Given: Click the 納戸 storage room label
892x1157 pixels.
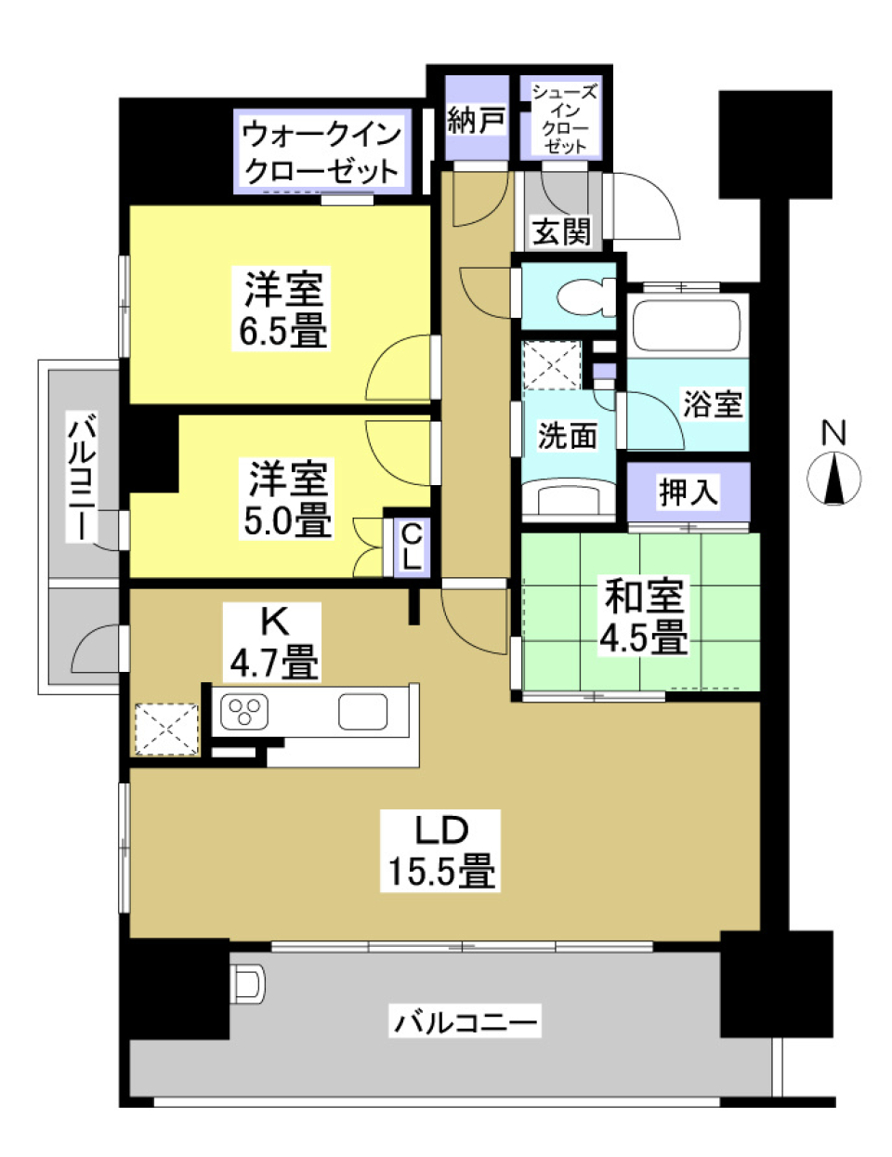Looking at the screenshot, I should pyautogui.click(x=476, y=119).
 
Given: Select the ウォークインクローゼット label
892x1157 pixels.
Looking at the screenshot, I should pyautogui.click(x=321, y=152).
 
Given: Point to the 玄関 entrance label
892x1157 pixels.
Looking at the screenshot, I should pyautogui.click(x=561, y=231).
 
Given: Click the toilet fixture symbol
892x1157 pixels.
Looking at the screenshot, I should pyautogui.click(x=585, y=297).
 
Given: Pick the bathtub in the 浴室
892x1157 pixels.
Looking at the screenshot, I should pyautogui.click(x=687, y=324).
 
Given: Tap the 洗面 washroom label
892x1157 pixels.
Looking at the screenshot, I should pyautogui.click(x=567, y=435).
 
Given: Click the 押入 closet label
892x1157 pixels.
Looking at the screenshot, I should pyautogui.click(x=689, y=492).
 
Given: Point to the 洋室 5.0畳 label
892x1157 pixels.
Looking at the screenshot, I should pyautogui.click(x=287, y=499).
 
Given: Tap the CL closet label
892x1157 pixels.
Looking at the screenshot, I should pyautogui.click(x=411, y=546).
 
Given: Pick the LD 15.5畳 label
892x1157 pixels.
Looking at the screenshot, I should pyautogui.click(x=440, y=850).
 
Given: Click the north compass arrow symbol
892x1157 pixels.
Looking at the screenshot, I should pyautogui.click(x=833, y=480).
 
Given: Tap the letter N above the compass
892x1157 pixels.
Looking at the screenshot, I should pyautogui.click(x=833, y=433).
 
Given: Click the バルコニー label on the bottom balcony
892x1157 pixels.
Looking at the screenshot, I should pyautogui.click(x=466, y=1022).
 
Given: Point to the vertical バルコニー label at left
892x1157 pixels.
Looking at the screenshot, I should pyautogui.click(x=83, y=479).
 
